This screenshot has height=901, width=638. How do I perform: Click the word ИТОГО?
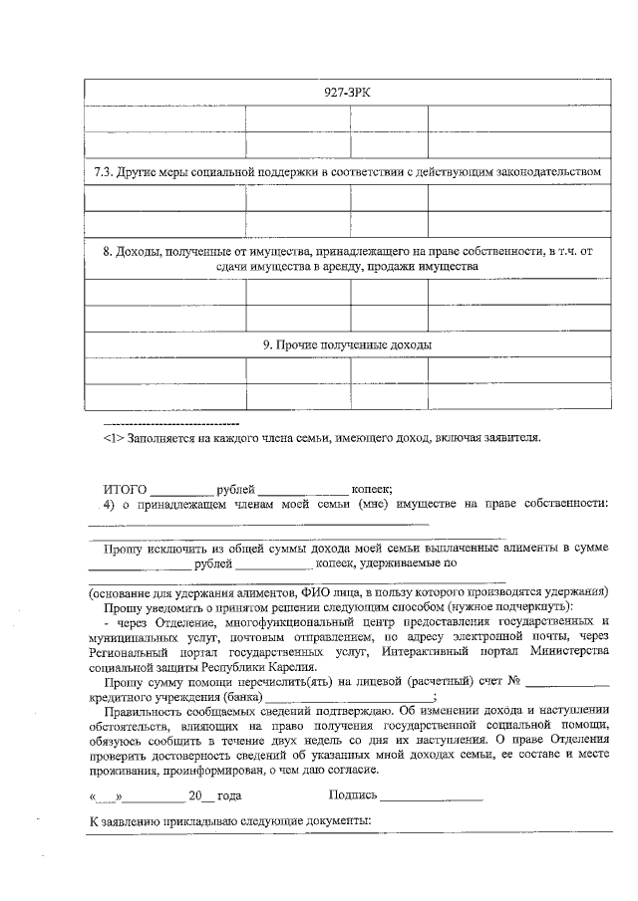(x=126, y=489)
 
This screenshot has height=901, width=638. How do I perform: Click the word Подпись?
(x=353, y=795)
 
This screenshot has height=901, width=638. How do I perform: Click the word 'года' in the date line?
(x=229, y=796)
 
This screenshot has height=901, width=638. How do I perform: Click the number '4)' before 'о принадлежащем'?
(x=111, y=504)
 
